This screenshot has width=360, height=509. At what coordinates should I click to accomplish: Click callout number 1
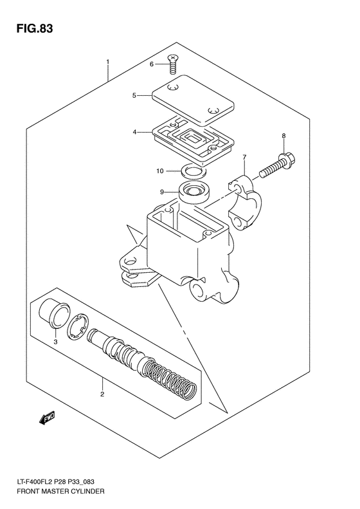coord(108,62)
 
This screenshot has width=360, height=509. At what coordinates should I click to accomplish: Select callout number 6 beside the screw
coord(152,64)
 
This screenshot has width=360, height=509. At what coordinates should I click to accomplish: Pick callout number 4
coord(135,133)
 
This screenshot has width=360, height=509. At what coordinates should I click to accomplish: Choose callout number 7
coord(244,157)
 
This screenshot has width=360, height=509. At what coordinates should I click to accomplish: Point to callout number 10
coord(161,171)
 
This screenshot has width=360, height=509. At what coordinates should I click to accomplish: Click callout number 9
coord(163,191)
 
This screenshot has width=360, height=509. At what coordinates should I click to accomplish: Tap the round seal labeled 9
coord(194,191)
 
